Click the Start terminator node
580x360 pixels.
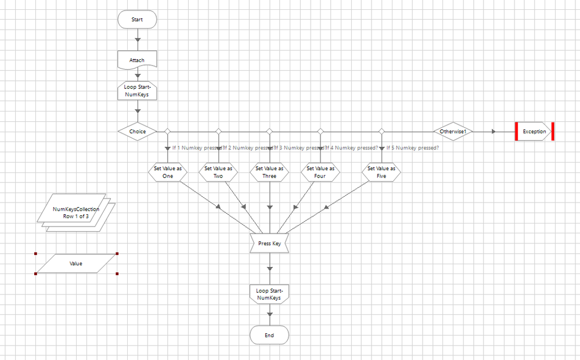coord(137,19)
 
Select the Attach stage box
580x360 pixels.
coord(137,60)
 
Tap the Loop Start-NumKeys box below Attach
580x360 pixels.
coord(137,91)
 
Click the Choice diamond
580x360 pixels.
coord(137,131)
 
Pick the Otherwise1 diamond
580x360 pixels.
coord(453,131)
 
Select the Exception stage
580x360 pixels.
coord(534,131)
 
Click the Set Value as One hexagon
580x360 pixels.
coord(168,172)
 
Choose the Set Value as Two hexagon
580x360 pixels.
coord(218,172)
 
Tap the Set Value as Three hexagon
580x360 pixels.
coord(269,172)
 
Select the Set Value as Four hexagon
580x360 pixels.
coord(320,172)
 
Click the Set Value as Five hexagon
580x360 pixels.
coord(381,172)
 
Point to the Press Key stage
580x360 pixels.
coord(269,243)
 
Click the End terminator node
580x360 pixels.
coord(269,335)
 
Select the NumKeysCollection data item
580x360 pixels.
coord(75,213)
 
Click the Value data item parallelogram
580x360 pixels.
coord(76,263)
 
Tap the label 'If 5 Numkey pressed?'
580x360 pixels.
coord(413,147)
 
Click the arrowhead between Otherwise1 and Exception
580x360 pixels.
coord(493,132)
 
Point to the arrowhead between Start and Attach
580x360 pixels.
coord(138,40)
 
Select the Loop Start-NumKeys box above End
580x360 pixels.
coord(269,294)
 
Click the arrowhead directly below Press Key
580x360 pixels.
coord(269,269)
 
